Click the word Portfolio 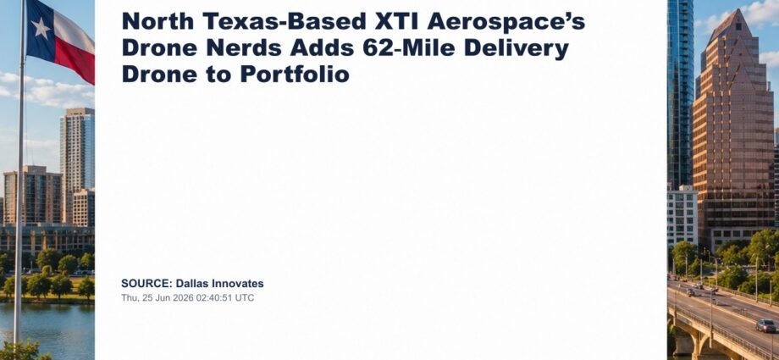pos(295,75)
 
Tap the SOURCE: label pos(146,284)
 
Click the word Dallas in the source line pos(192,284)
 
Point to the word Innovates pos(238,284)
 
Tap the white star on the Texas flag pos(41,28)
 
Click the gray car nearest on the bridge pos(765,325)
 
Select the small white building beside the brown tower pos(682,216)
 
